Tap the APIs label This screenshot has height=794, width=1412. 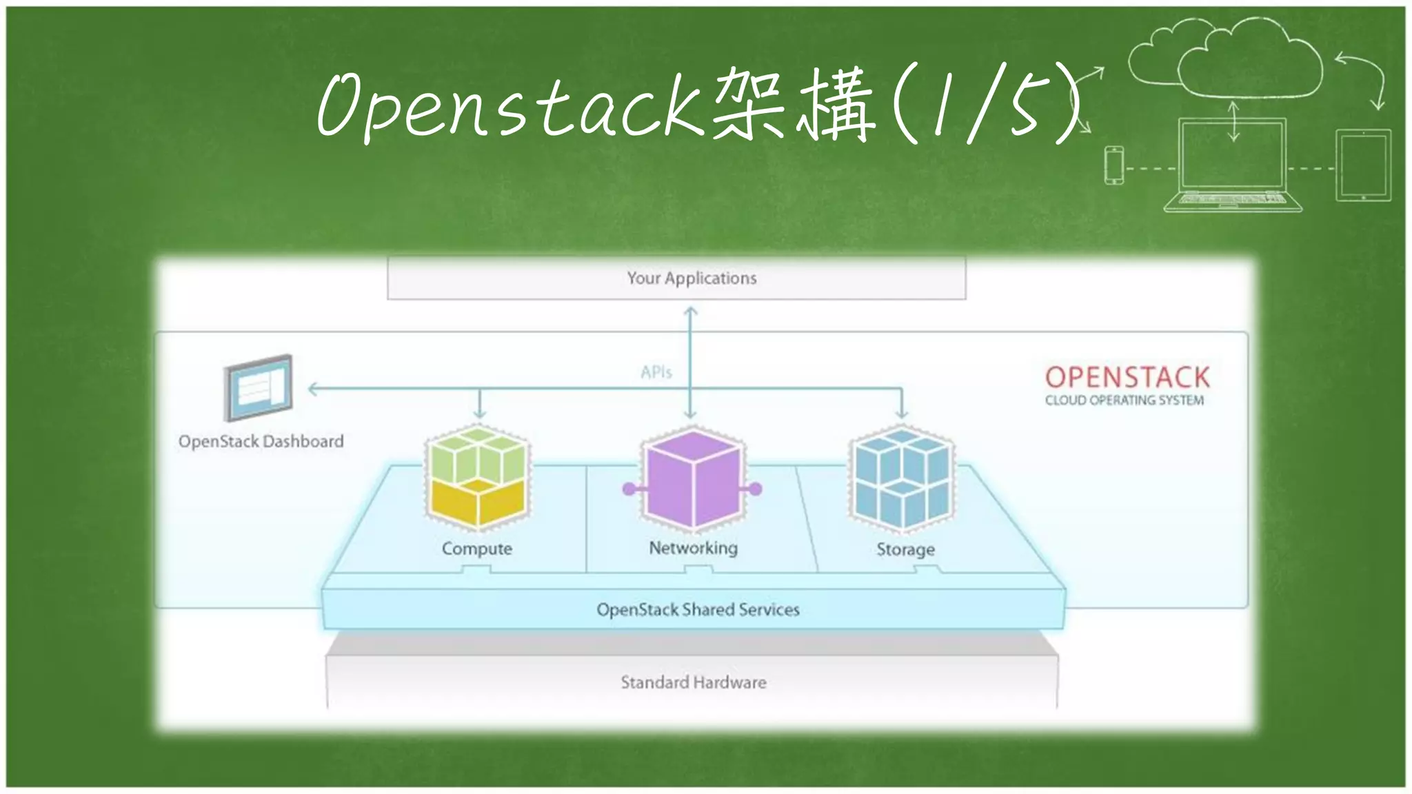point(656,372)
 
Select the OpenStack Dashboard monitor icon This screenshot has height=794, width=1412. point(259,387)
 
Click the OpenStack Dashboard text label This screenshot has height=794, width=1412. point(261,441)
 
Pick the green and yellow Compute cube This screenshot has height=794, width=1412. point(478,478)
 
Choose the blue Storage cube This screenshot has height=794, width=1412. point(902,478)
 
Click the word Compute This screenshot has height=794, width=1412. point(477,549)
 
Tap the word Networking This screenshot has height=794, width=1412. point(693,548)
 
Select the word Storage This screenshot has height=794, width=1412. point(905,549)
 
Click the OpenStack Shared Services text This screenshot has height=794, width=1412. point(698,609)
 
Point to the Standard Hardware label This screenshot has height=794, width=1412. point(693,682)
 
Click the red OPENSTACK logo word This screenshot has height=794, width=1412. point(1127,377)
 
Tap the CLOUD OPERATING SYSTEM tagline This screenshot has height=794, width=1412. point(1124,400)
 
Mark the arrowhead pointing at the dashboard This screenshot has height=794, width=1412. point(313,389)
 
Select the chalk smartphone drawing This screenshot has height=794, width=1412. point(1113,165)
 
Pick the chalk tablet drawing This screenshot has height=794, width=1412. point(1363,165)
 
